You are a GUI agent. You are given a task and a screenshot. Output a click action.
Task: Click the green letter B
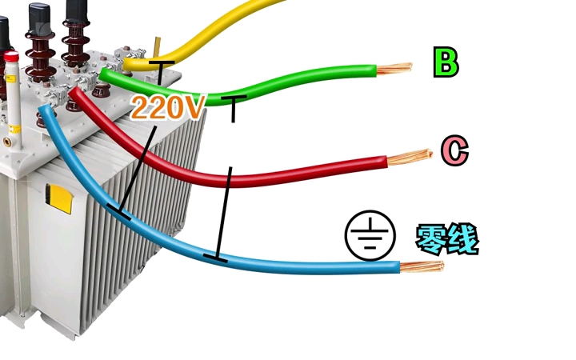pyautogui.click(x=446, y=62)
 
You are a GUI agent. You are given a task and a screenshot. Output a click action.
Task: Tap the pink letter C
pyautogui.click(x=454, y=150)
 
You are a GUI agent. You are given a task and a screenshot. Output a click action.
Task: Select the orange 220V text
pyautogui.click(x=167, y=107)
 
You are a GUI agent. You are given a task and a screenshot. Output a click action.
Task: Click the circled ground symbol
pyautogui.click(x=370, y=235)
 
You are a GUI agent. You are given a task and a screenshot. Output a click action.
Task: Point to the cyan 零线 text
pyautogui.click(x=447, y=239)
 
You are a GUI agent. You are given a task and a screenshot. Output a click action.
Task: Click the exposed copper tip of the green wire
pyautogui.click(x=394, y=68)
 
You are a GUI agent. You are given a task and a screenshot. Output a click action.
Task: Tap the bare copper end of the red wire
pyautogui.click(x=410, y=158)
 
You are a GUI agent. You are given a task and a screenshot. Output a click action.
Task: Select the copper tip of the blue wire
pyautogui.click(x=422, y=266)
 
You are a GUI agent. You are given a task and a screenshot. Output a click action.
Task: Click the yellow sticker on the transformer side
pyautogui.click(x=58, y=198)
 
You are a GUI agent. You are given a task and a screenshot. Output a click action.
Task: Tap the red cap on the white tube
pyautogui.click(x=11, y=57)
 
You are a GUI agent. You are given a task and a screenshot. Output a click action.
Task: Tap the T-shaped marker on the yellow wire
pyautogui.click(x=160, y=73)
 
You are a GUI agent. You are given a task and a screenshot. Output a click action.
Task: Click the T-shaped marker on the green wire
pyautogui.click(x=234, y=108)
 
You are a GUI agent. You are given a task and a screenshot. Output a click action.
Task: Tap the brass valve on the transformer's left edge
pyautogui.click(x=7, y=142)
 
